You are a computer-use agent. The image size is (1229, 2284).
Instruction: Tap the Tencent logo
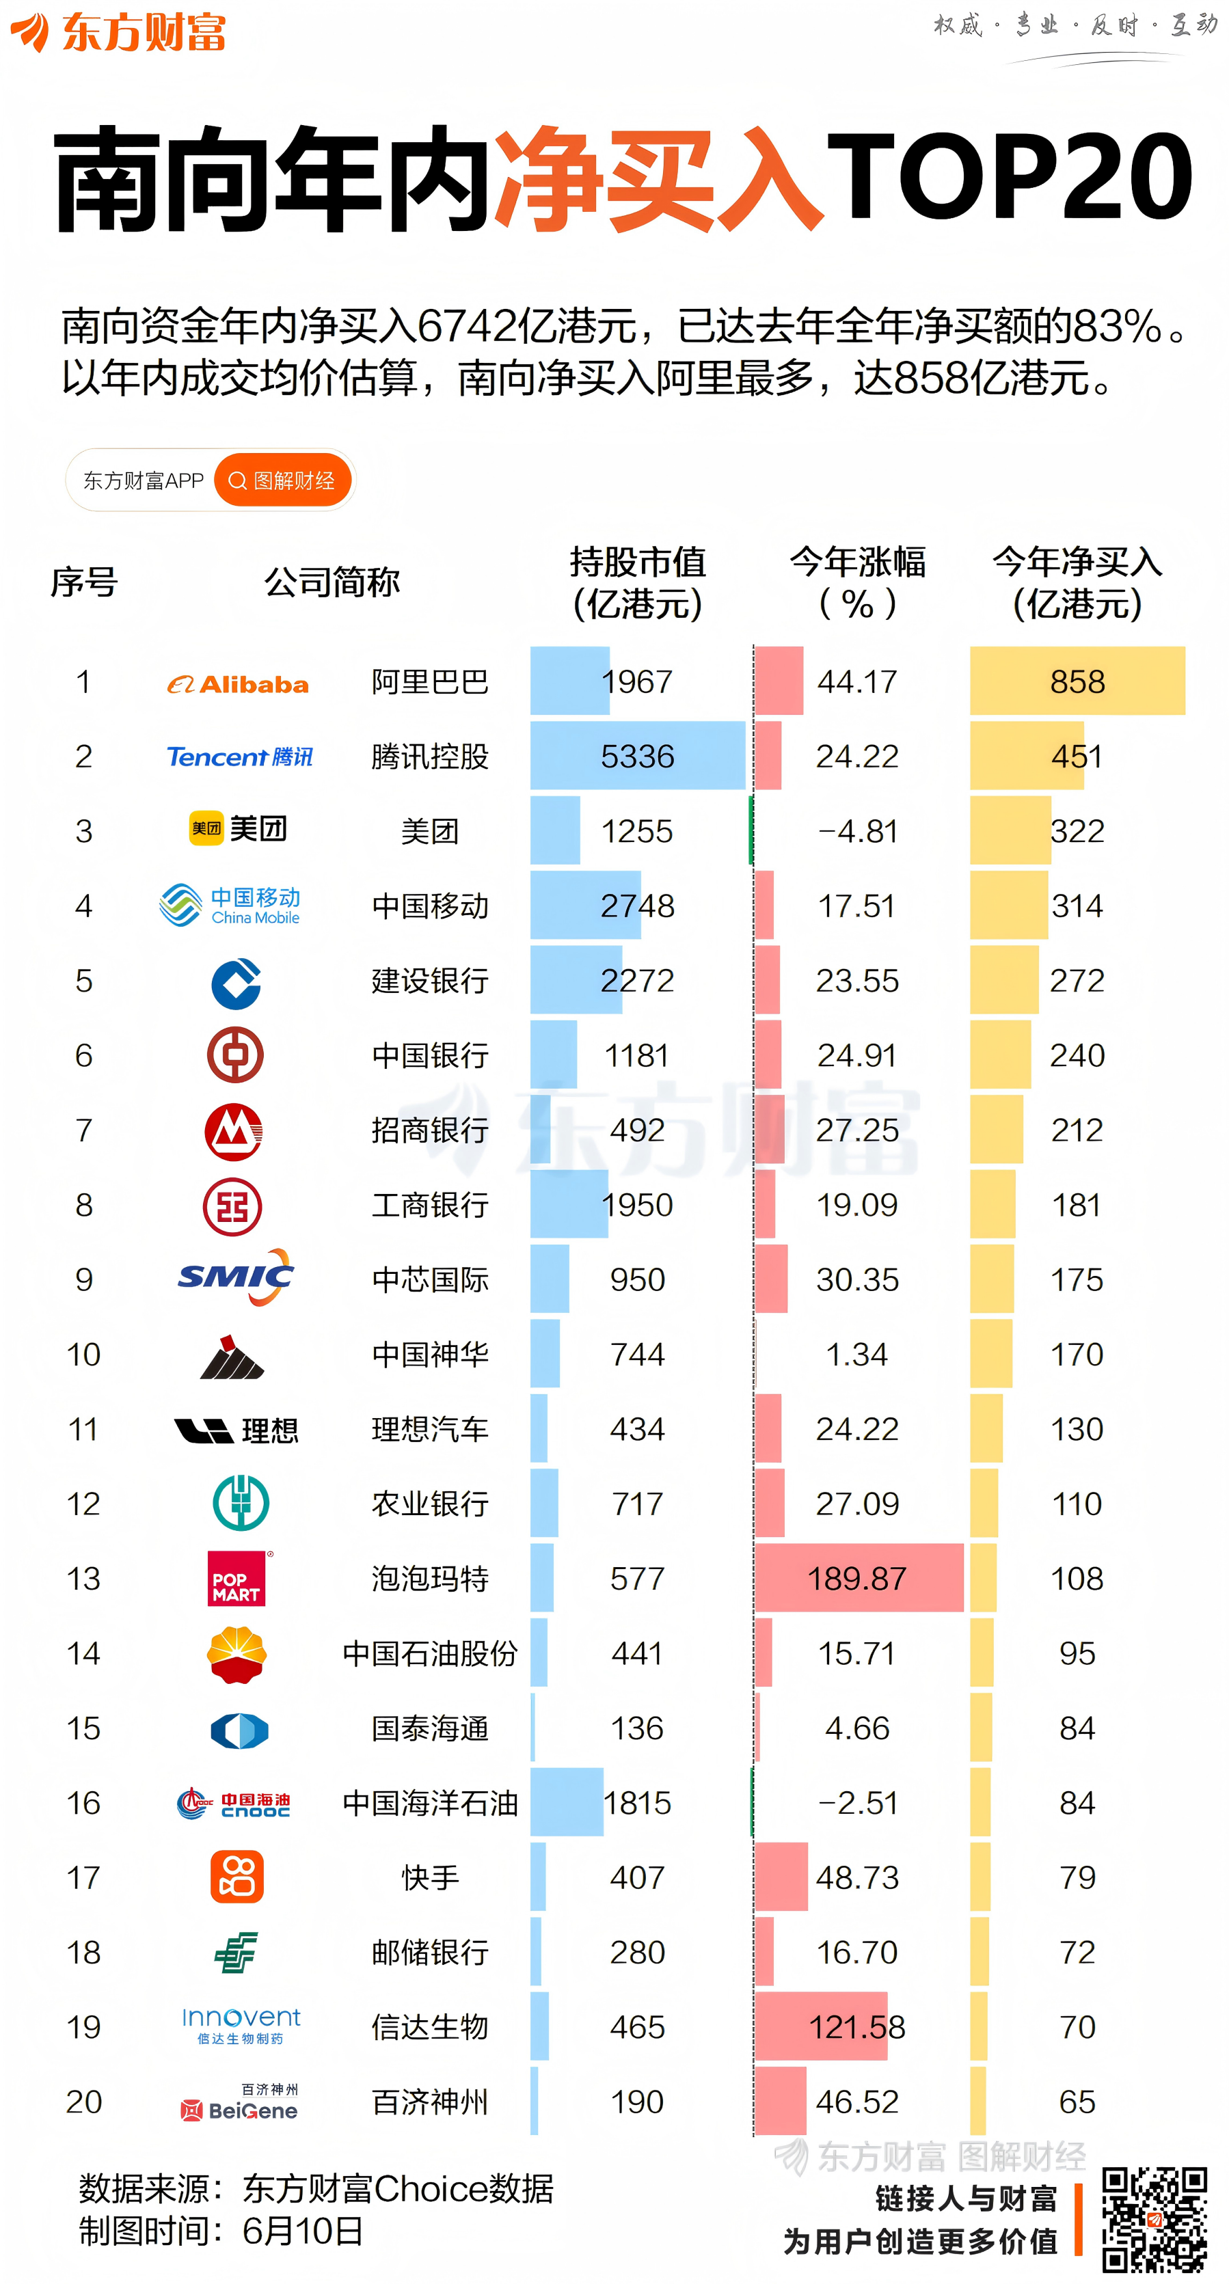tap(239, 757)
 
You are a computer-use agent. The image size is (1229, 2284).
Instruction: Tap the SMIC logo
tap(236, 1277)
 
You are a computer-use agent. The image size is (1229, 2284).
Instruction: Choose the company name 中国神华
tap(430, 1355)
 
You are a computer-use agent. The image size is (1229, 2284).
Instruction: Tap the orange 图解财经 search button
tap(283, 480)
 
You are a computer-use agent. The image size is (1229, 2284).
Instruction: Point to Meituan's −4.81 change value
tap(856, 832)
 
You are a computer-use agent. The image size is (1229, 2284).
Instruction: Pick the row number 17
tap(84, 1878)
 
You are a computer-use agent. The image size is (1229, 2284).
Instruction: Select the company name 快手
tap(430, 1878)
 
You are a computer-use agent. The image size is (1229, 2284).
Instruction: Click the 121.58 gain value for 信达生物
tap(856, 2028)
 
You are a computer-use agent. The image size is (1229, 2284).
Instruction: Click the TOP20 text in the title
tap(1009, 177)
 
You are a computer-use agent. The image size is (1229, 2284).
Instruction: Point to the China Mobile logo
tap(230, 906)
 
